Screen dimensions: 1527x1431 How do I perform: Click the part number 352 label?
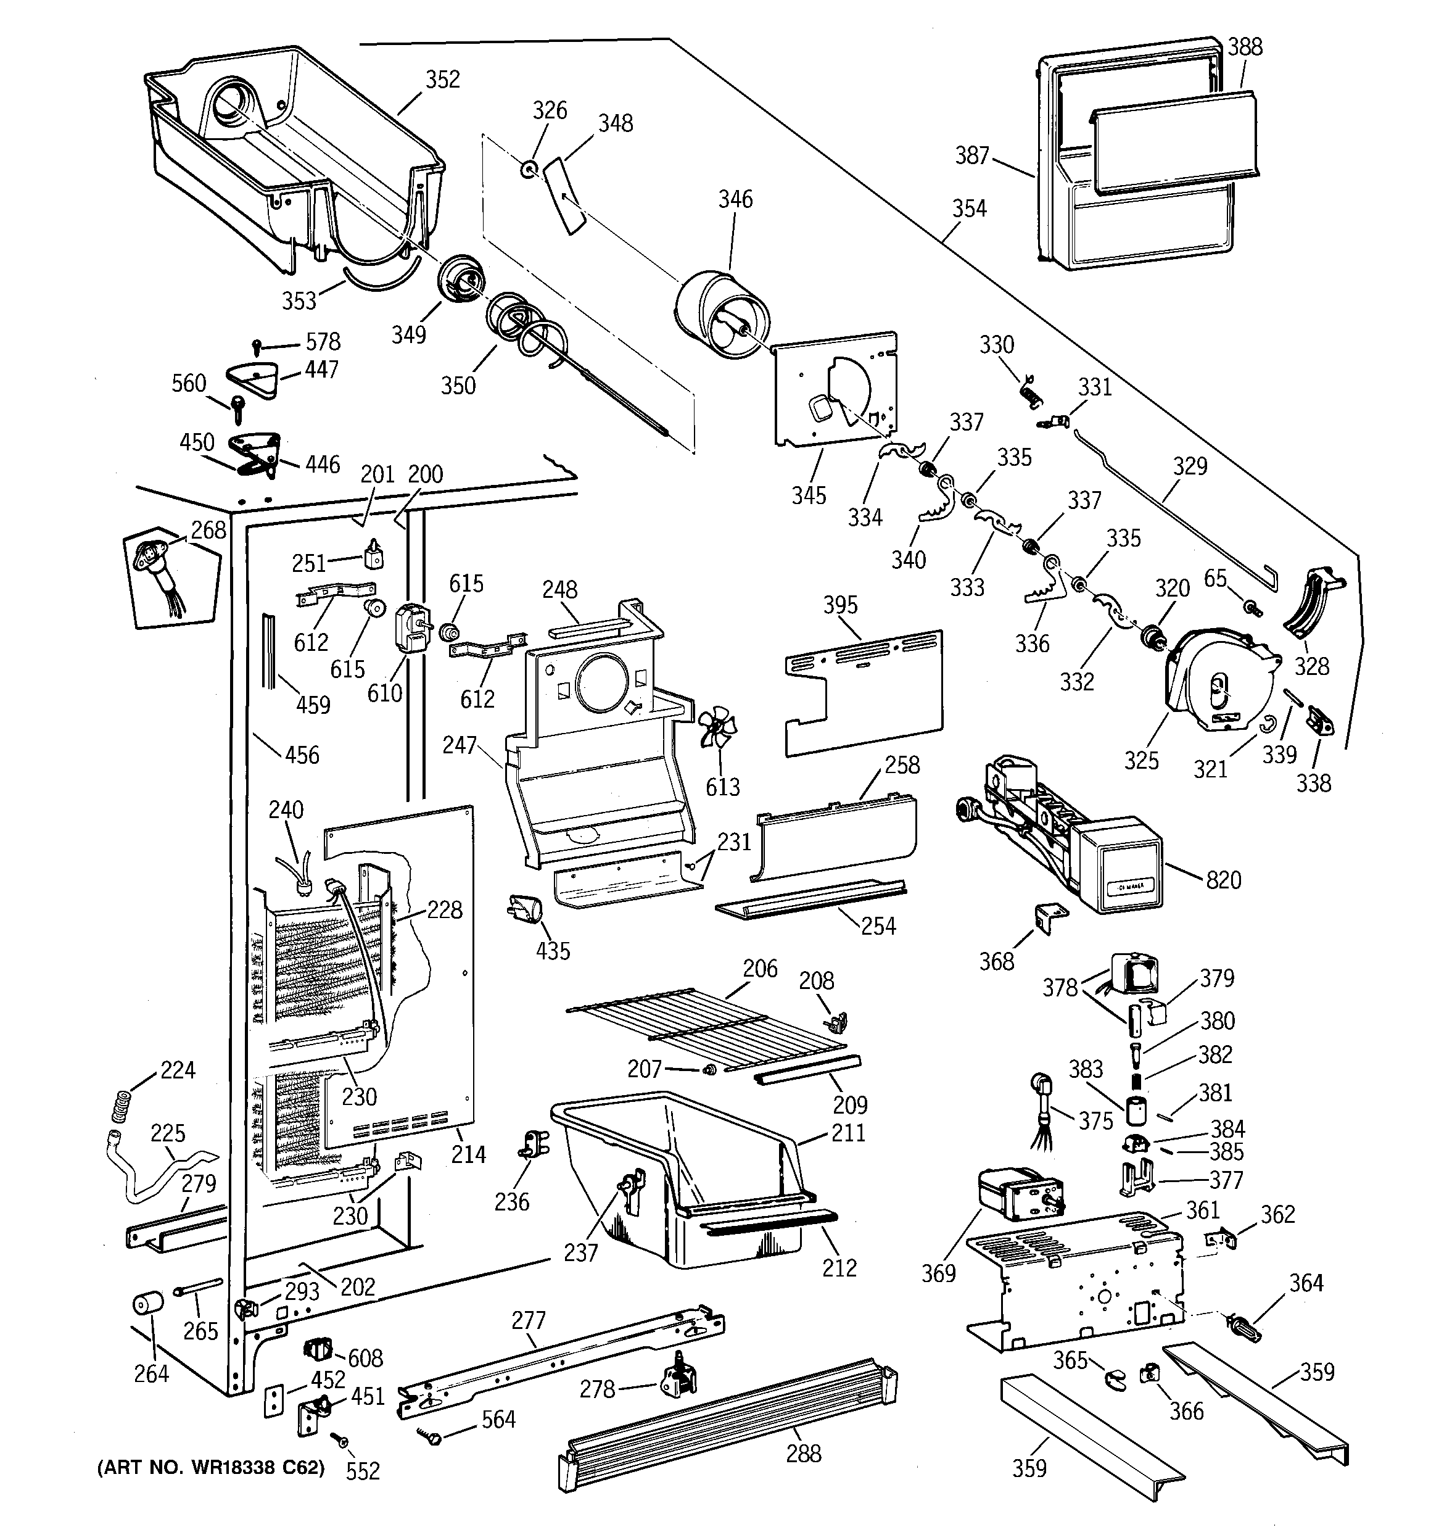click(x=442, y=80)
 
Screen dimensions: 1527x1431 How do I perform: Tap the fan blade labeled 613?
click(x=717, y=727)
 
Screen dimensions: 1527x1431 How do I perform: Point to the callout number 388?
click(x=1244, y=48)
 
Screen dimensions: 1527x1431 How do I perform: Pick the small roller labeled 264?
click(x=148, y=1305)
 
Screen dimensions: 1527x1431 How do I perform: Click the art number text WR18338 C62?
click(x=210, y=1468)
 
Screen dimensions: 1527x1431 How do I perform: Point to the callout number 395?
click(x=840, y=605)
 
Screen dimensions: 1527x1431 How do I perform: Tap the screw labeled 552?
click(x=336, y=1437)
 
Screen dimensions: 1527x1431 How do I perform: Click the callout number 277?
click(x=529, y=1320)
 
